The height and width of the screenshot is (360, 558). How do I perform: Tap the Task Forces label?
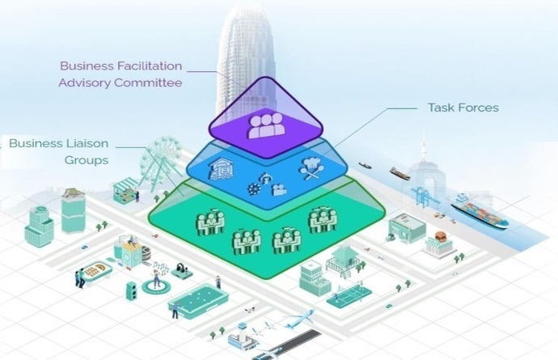[x=463, y=108]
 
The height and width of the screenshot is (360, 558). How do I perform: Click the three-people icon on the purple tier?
[x=266, y=126]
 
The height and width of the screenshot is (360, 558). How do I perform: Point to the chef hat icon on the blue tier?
[x=311, y=167]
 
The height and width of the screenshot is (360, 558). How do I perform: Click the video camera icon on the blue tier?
[x=279, y=190]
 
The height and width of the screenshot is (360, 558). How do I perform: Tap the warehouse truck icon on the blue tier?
[x=222, y=168]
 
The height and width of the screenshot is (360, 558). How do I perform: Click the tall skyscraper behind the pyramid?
[x=247, y=57]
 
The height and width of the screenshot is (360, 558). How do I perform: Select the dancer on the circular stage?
[x=156, y=278]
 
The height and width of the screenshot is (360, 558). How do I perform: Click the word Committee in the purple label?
[x=149, y=83]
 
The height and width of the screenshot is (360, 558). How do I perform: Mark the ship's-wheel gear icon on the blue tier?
[x=254, y=188]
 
